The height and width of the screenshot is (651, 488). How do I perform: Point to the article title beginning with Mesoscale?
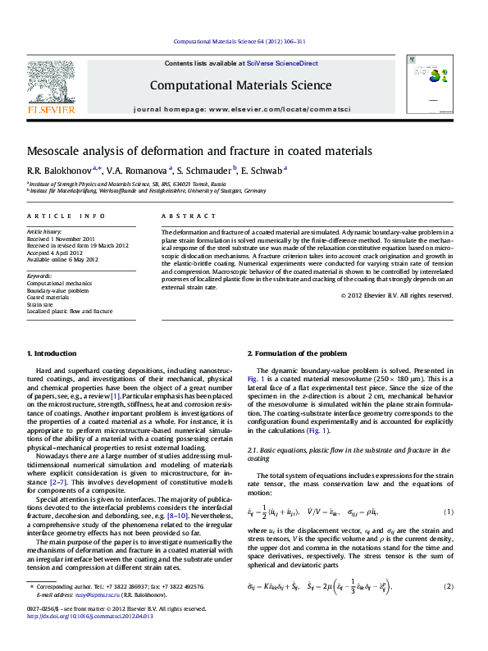(x=189, y=151)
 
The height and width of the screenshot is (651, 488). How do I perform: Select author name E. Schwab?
(x=262, y=170)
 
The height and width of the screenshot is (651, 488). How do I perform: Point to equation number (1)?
(x=448, y=512)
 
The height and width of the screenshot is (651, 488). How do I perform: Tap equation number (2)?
(x=448, y=586)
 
